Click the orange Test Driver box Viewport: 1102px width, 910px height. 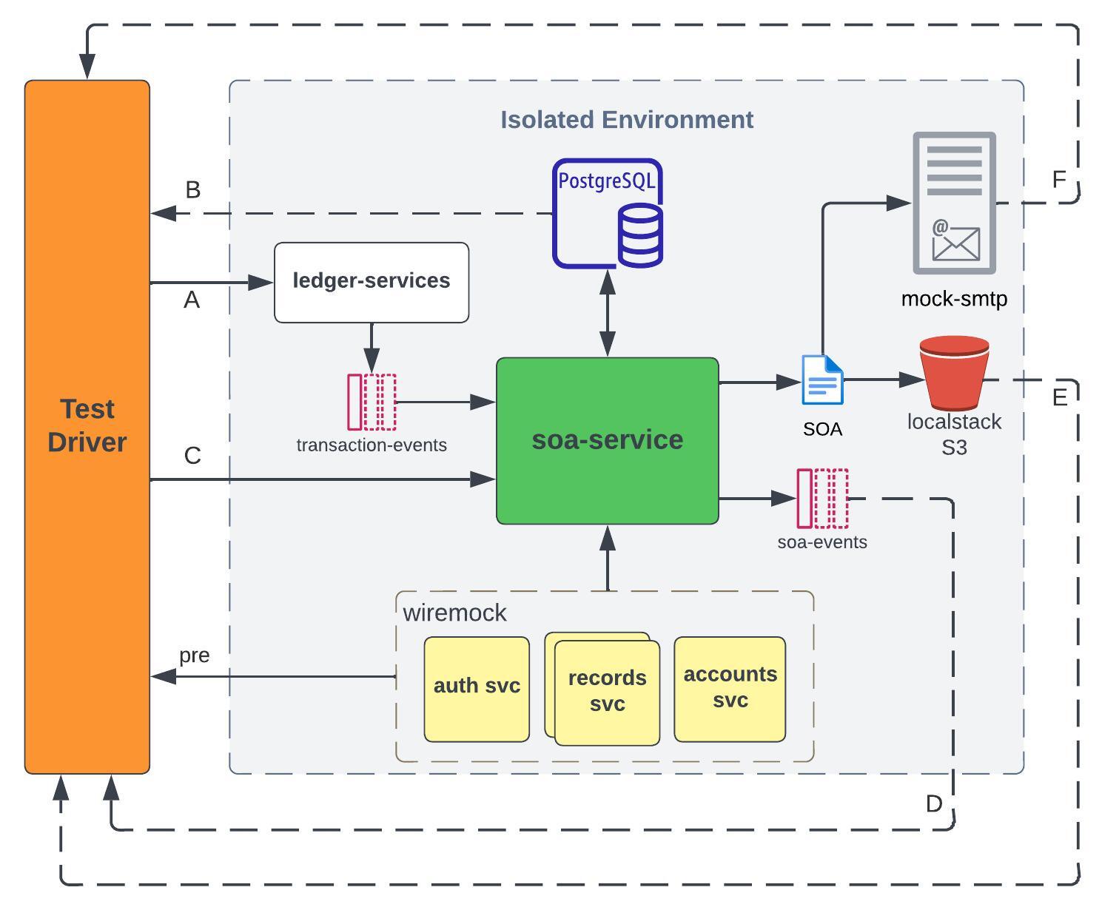tap(87, 426)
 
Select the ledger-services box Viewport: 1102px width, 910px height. tap(372, 282)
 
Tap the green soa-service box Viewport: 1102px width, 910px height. tap(607, 440)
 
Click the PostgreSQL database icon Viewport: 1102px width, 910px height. tap(608, 213)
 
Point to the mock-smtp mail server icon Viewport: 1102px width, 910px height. tap(954, 203)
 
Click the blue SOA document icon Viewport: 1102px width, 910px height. tap(822, 380)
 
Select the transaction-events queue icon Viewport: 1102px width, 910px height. tap(372, 402)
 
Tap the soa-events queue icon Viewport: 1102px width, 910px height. tap(822, 498)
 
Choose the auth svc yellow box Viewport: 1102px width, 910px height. tap(477, 689)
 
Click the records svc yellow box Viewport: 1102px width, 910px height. tap(607, 691)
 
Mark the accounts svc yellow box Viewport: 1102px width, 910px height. tap(730, 688)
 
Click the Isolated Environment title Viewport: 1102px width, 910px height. tap(627, 120)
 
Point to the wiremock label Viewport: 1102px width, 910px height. tap(454, 613)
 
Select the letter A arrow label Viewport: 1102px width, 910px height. tap(192, 300)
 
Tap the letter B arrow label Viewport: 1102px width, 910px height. tap(193, 190)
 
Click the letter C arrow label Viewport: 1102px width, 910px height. tap(192, 456)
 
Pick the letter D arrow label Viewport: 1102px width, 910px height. tap(934, 803)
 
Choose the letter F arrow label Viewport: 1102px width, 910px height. tap(1059, 179)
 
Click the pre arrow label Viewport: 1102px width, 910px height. tap(195, 655)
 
